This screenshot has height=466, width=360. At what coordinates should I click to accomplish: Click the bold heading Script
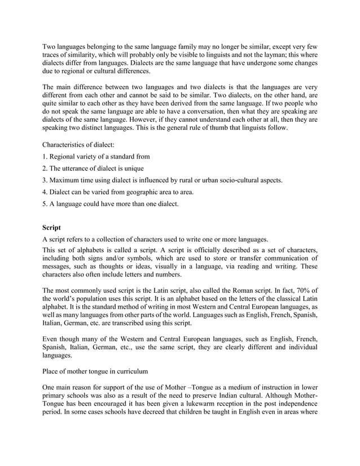53,228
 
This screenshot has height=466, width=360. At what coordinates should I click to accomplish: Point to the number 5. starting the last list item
46,204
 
